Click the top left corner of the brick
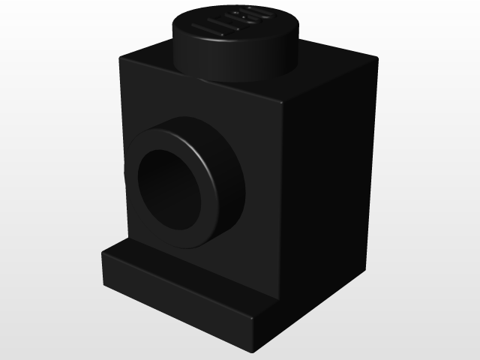(x=120, y=54)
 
